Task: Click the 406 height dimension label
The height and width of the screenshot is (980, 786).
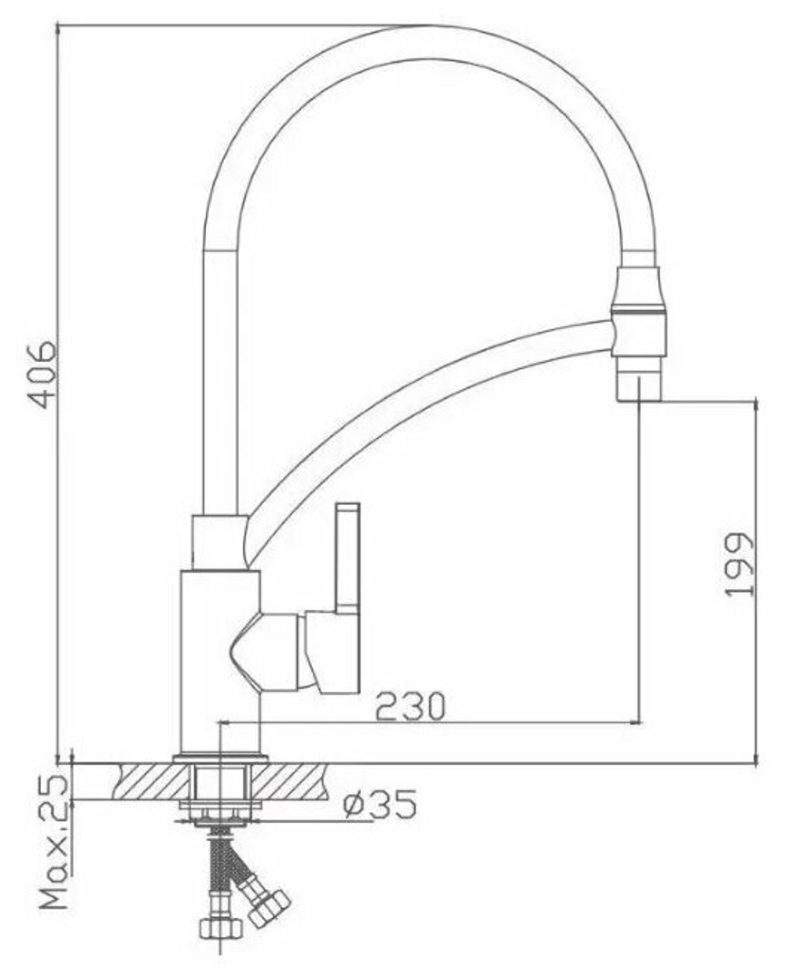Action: coord(42,375)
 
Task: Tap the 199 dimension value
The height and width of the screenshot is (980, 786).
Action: coord(739,565)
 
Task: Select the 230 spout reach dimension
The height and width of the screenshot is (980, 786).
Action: coord(410,706)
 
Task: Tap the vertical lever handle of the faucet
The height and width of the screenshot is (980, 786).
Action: coord(348,558)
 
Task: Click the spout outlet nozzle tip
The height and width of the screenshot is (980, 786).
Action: coord(638,386)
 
